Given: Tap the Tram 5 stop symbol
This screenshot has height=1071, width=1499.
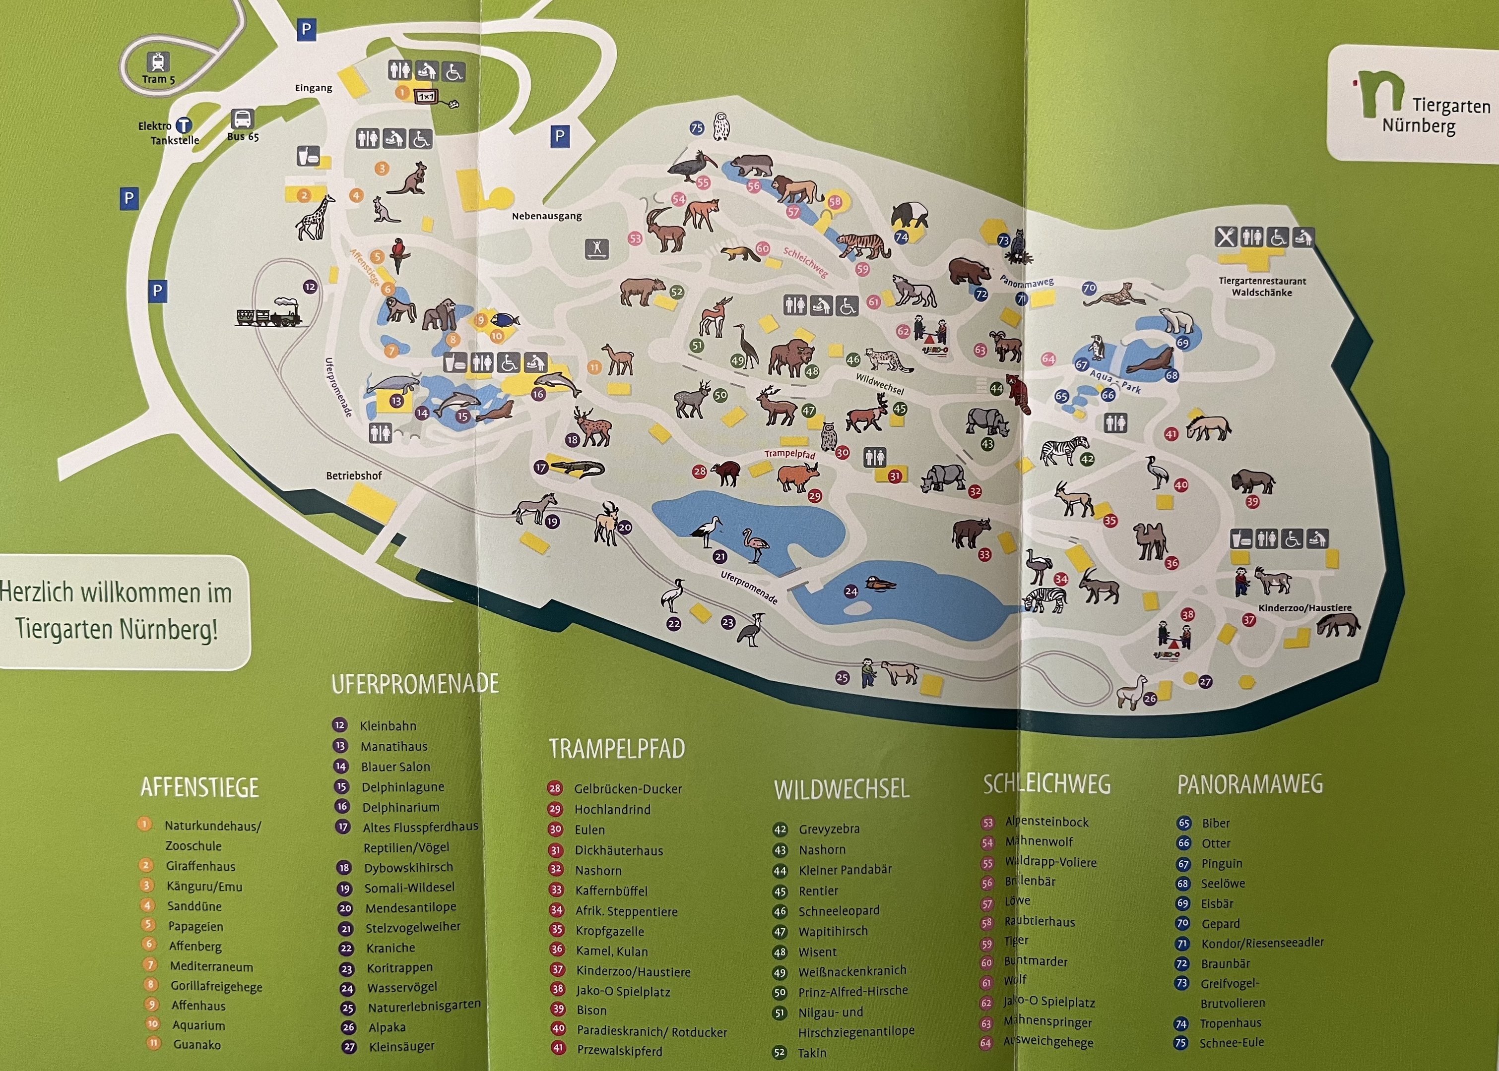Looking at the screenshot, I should coord(159,62).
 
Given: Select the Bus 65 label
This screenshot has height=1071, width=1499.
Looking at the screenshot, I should coord(243,136).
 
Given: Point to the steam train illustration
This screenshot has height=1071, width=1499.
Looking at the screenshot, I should coord(269,312).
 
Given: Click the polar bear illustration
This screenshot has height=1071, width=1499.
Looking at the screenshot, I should coord(1177,320).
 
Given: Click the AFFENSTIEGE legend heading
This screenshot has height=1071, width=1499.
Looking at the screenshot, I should coord(199,787).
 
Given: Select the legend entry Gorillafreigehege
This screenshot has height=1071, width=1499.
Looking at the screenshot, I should coord(216,987).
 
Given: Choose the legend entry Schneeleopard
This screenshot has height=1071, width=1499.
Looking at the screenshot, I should coord(839,911).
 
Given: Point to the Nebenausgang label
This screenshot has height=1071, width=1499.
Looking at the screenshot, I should coord(546,216).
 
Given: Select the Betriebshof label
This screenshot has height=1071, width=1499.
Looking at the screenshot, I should coord(354,476).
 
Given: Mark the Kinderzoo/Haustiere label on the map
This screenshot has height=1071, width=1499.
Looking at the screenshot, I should coord(1304,608).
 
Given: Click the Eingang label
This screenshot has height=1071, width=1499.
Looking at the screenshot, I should coord(314,88).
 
